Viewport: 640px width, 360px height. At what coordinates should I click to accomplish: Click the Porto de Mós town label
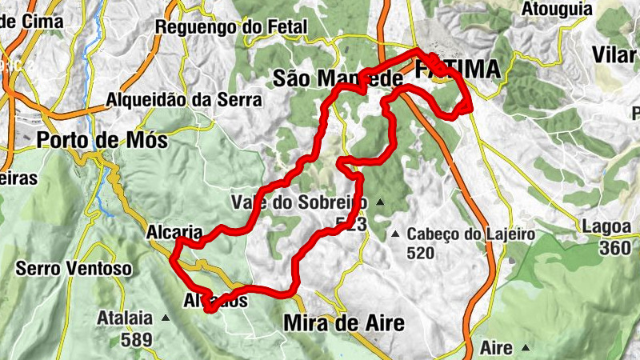tap(102, 140)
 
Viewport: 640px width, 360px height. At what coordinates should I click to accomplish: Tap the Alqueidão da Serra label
tap(184, 101)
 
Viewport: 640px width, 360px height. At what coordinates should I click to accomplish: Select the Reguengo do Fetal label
tap(231, 26)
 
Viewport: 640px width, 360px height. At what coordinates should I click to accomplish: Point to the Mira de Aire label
tap(344, 323)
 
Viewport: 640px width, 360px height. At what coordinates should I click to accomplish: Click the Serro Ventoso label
tap(73, 269)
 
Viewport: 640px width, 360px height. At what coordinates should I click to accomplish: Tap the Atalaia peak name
tap(124, 318)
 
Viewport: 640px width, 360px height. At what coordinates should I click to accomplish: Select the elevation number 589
tap(137, 339)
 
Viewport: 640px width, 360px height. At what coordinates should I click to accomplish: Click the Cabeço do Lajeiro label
tap(470, 234)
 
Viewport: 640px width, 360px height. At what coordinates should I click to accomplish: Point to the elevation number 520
tap(420, 254)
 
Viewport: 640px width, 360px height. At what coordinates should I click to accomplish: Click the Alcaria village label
tap(174, 232)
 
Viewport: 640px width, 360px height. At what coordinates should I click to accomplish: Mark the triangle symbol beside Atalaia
tap(166, 318)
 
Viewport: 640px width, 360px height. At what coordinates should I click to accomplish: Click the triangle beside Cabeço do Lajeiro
tap(395, 234)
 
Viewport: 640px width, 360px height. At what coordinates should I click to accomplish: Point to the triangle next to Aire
tap(526, 348)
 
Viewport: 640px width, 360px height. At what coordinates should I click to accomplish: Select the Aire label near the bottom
tap(496, 348)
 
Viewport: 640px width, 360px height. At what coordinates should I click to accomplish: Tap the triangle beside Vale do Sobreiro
tap(380, 202)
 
